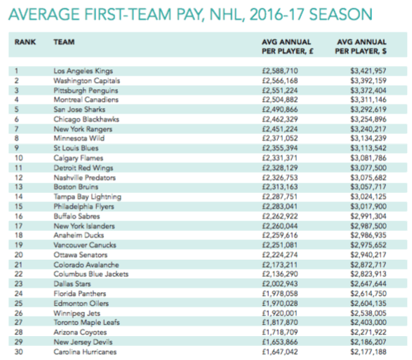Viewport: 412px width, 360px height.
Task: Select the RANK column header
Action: tap(25, 42)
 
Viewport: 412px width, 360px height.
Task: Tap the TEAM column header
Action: tap(64, 42)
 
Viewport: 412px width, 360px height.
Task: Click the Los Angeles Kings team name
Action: tap(83, 71)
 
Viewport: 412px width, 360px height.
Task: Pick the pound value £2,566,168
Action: tap(280, 81)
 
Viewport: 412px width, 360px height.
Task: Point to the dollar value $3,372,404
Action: tap(368, 91)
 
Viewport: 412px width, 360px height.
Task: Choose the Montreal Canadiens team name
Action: tap(86, 100)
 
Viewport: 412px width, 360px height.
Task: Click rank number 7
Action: tap(17, 129)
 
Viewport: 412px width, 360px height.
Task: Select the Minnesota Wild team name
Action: tap(79, 138)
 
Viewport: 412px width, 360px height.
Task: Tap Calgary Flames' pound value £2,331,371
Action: tap(279, 158)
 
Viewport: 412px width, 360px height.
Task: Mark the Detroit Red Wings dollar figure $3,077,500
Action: tap(368, 168)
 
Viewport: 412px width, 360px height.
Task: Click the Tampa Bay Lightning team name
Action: tap(87, 196)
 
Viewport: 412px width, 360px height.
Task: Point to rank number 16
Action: tap(19, 216)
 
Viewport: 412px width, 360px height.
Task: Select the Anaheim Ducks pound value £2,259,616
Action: tap(280, 235)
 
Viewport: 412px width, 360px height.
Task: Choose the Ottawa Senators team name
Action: tap(81, 255)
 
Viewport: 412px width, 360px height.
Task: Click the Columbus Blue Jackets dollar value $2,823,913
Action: tap(368, 274)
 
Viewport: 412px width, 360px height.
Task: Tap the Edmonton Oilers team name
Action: tap(81, 303)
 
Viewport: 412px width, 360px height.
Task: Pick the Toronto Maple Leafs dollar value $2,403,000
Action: tap(368, 322)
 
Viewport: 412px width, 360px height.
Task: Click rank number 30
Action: tap(19, 352)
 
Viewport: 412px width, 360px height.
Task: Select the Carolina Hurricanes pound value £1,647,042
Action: tap(280, 352)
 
